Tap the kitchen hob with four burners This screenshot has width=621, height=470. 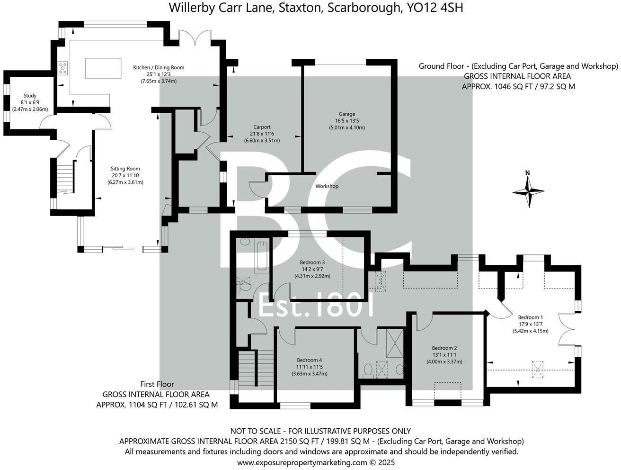tap(62, 68)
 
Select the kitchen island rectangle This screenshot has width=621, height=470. tap(103, 68)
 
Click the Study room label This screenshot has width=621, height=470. tap(30, 96)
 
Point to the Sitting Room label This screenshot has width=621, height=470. tap(125, 169)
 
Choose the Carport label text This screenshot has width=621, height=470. tap(262, 127)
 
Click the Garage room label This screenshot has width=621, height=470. tap(347, 114)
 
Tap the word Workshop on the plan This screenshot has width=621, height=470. tap(327, 186)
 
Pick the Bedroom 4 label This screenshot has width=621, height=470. tap(309, 360)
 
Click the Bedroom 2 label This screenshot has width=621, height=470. tap(444, 348)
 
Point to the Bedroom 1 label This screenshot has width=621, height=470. tap(530, 317)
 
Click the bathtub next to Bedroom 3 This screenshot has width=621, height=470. tap(262, 256)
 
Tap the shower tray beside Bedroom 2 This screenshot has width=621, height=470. tap(395, 343)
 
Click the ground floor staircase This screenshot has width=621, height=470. tap(65, 178)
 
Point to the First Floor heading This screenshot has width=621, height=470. tap(157, 384)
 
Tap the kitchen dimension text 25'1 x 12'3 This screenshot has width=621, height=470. tap(159, 74)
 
